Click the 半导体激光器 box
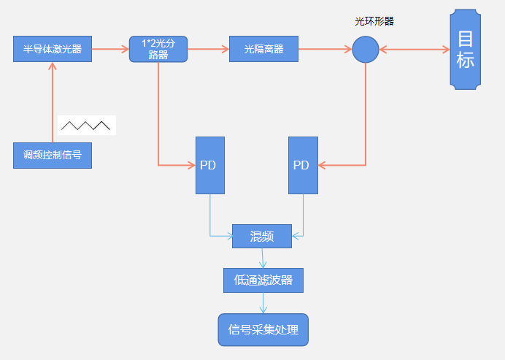[x=53, y=50]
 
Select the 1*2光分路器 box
[x=158, y=50]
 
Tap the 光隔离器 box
[x=263, y=50]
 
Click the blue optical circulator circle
[x=366, y=50]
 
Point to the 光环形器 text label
[x=374, y=21]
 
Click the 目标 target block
[x=466, y=50]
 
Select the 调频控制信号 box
[x=53, y=155]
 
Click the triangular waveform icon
[x=86, y=126]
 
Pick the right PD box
[x=303, y=165]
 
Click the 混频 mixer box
[x=261, y=234]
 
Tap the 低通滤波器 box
[x=263, y=280]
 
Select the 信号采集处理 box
[x=263, y=330]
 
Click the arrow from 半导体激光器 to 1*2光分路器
[x=110, y=50]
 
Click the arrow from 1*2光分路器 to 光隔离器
[x=208, y=50]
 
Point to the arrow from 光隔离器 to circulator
[x=325, y=50]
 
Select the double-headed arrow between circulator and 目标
[x=415, y=50]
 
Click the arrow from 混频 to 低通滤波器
[x=263, y=256]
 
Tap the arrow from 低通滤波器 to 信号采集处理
[x=263, y=303]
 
